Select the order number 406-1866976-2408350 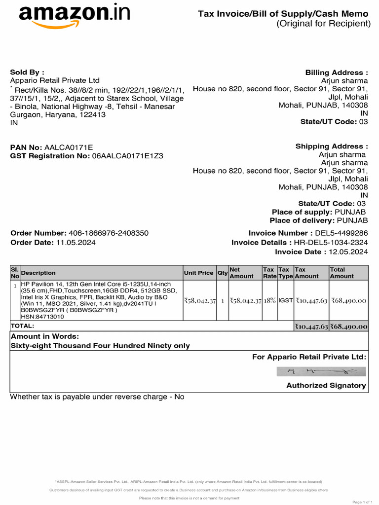tap(108, 233)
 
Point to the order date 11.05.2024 tap(76, 243)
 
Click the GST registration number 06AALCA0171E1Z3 tap(127, 156)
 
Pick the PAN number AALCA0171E tap(69, 147)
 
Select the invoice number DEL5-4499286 tap(341, 233)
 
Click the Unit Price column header tap(198, 273)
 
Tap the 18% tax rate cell tap(269, 300)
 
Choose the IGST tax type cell tap(286, 300)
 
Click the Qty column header tap(223, 273)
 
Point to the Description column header tap(38, 273)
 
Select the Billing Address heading tap(337, 73)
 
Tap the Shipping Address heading tap(332, 146)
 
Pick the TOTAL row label tap(23, 326)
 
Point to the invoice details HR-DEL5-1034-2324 tap(331, 243)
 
